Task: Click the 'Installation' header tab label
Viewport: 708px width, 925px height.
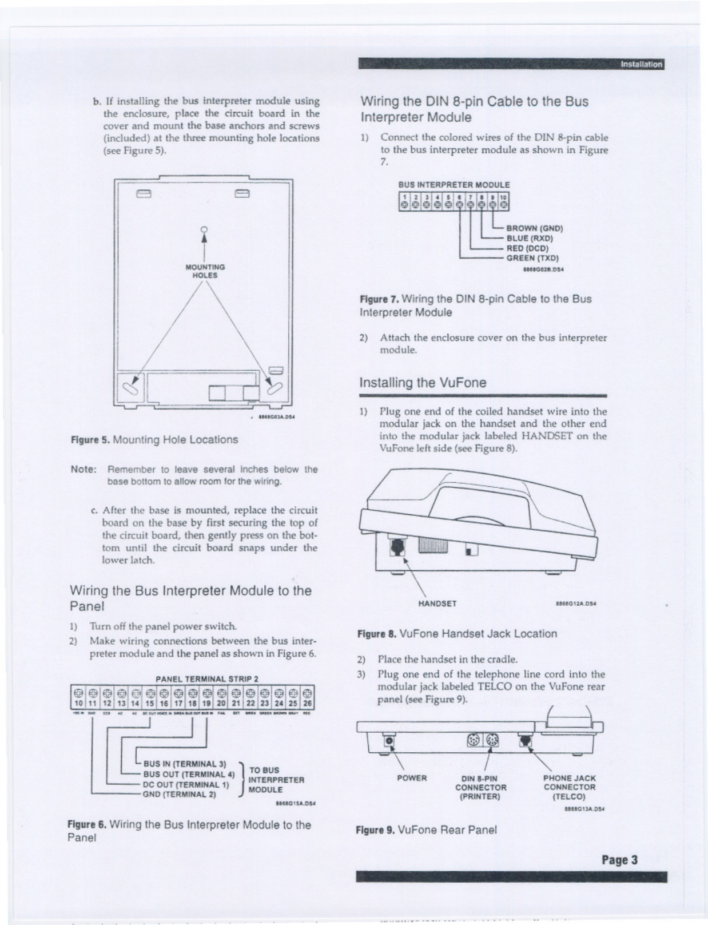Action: [x=641, y=65]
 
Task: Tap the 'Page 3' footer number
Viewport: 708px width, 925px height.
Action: [x=619, y=860]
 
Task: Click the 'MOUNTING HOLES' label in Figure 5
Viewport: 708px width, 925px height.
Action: [x=205, y=271]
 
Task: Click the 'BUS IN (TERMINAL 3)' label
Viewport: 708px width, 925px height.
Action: [x=185, y=764]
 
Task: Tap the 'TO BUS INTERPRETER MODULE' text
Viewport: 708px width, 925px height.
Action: [x=276, y=780]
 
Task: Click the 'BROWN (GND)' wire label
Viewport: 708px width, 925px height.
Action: [x=535, y=228]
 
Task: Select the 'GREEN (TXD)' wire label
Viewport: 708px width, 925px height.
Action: [x=532, y=259]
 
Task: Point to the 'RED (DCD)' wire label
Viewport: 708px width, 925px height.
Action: [x=527, y=248]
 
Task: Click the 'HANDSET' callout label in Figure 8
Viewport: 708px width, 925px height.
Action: [x=437, y=604]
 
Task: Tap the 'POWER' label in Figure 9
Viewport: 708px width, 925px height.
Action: [x=412, y=778]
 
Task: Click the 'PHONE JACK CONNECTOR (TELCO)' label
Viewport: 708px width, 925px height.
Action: [x=569, y=787]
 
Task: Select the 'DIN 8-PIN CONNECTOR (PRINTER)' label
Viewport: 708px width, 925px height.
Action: [x=480, y=787]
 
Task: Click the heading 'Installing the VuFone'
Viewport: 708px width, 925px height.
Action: [x=423, y=383]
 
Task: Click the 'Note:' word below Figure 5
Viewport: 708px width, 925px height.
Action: [x=83, y=470]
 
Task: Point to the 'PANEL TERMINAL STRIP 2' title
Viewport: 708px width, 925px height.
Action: [x=207, y=679]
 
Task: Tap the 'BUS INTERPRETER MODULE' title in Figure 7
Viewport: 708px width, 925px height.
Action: [x=454, y=185]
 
